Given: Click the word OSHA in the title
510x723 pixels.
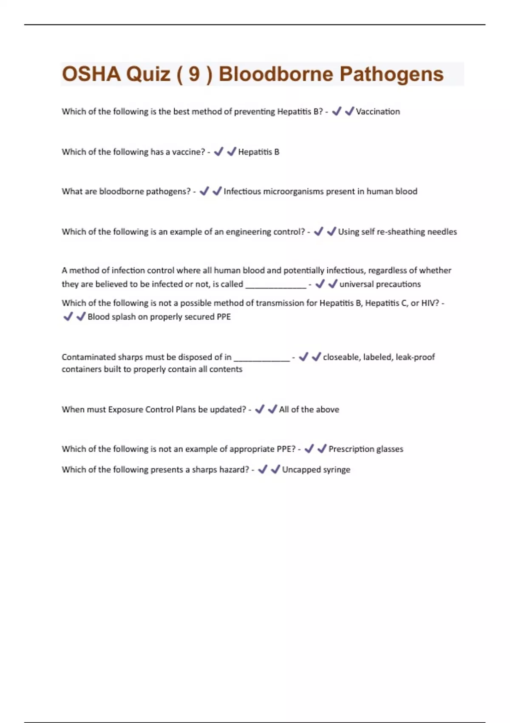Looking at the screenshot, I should click(91, 74).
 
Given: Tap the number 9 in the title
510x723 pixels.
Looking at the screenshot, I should click(194, 74).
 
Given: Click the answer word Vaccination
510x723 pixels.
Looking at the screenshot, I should click(378, 111).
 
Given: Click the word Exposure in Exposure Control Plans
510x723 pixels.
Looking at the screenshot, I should click(125, 410).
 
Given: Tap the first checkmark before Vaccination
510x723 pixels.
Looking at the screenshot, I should click(337, 111).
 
